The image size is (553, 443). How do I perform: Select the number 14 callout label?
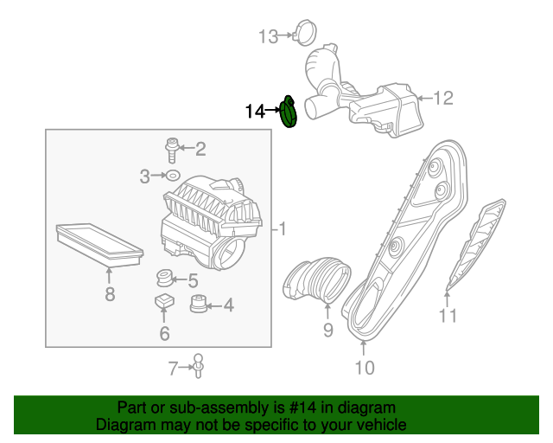click(x=256, y=111)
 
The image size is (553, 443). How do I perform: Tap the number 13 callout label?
click(x=269, y=35)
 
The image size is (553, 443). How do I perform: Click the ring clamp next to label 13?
click(x=304, y=34)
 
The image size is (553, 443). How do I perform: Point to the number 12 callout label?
click(x=442, y=98)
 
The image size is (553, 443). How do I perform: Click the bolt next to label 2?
click(x=172, y=149)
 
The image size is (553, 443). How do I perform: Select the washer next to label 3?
click(x=172, y=177)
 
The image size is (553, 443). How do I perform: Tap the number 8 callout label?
click(x=110, y=294)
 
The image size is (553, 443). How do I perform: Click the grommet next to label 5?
click(x=162, y=279)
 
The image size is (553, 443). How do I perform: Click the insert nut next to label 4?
click(x=197, y=305)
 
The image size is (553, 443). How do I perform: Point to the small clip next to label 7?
click(x=199, y=367)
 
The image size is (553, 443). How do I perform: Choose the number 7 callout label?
click(x=174, y=369)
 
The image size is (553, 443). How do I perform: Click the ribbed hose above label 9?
click(x=316, y=279)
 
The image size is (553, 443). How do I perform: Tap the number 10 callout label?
click(x=364, y=368)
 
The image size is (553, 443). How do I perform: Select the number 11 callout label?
click(x=447, y=316)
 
